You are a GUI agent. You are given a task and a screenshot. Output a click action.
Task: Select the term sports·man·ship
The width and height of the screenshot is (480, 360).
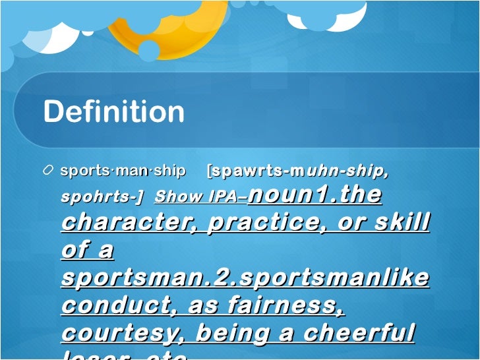click(123, 171)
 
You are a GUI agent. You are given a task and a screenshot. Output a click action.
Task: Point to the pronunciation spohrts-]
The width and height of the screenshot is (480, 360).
click(102, 196)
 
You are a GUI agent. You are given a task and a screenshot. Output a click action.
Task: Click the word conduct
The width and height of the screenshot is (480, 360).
click(119, 305)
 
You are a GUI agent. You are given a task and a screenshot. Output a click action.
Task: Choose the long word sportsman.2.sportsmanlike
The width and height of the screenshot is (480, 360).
click(245, 278)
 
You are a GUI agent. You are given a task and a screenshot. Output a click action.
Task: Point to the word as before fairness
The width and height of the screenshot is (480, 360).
click(202, 305)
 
